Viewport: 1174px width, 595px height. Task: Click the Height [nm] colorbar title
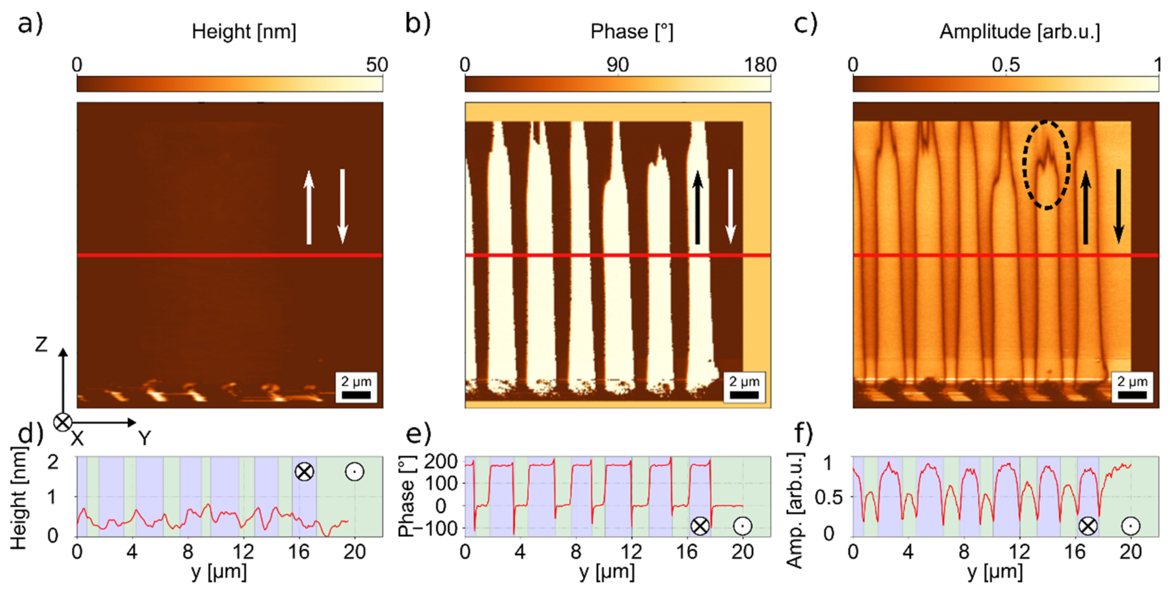point(244,32)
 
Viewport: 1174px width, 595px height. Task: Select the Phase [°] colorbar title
point(631,32)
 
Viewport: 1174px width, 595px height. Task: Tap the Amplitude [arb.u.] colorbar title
point(1020,32)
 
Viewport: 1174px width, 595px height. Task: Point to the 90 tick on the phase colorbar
point(617,65)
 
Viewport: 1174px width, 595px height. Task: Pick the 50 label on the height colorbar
point(376,65)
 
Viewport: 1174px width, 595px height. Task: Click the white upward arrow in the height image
point(309,207)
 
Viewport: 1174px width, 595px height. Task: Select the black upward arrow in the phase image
point(697,207)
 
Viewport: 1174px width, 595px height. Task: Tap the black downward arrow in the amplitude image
point(1118,207)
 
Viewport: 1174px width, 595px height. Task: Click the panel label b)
point(417,24)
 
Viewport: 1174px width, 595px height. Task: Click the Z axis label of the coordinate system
point(41,345)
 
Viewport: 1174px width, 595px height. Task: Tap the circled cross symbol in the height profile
point(304,471)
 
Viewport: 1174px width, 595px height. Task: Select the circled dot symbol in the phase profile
point(742,526)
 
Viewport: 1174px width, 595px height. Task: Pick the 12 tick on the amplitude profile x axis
point(1019,552)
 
